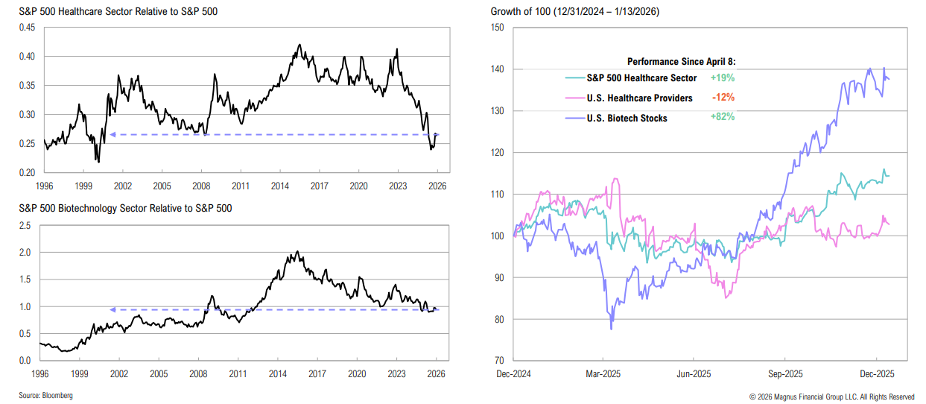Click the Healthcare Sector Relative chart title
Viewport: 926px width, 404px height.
(x=113, y=12)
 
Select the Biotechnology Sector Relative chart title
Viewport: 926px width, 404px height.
(x=125, y=208)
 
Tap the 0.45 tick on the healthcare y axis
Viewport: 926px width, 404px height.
(x=27, y=28)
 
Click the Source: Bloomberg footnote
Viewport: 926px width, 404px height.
(x=46, y=395)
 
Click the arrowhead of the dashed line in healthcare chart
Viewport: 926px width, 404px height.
(x=112, y=135)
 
